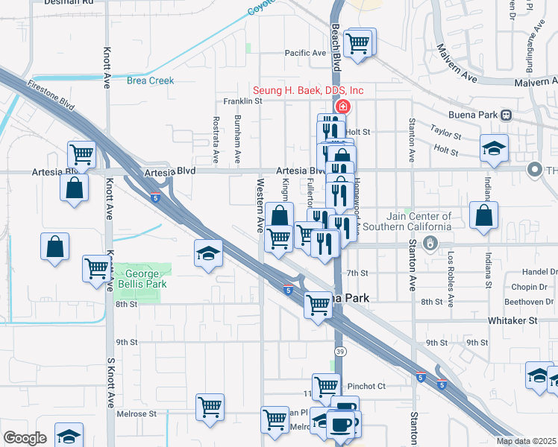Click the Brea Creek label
pyautogui.click(x=150, y=80)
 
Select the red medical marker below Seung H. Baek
pyautogui.click(x=342, y=107)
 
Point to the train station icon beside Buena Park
pyautogui.click(x=506, y=115)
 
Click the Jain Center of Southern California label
pyautogui.click(x=407, y=221)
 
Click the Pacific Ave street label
pyautogui.click(x=306, y=53)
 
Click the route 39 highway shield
pyautogui.click(x=339, y=351)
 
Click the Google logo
pyautogui.click(x=25, y=438)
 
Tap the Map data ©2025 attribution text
pyautogui.click(x=526, y=441)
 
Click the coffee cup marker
pyautogui.click(x=342, y=423)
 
